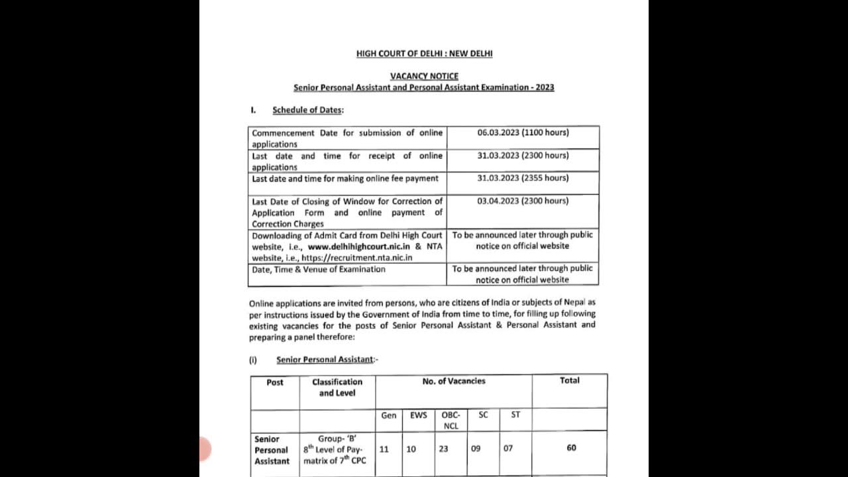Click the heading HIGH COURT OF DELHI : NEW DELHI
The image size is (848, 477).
(424, 54)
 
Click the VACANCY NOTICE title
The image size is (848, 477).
(424, 76)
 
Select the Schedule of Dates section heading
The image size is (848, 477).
(307, 110)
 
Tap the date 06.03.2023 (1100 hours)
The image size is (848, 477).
(523, 132)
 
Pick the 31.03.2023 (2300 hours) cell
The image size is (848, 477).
(523, 156)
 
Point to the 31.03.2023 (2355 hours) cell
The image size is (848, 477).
(523, 178)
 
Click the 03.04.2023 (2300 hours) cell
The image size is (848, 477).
(523, 201)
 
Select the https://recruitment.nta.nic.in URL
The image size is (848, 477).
(356, 258)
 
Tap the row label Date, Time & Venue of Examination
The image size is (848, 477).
(318, 269)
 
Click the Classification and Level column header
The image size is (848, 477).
(337, 388)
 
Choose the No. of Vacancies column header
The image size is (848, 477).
(454, 381)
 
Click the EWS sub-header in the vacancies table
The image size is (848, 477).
(419, 415)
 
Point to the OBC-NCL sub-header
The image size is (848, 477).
(450, 421)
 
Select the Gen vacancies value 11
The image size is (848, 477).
(384, 449)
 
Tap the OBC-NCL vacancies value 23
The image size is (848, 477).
(443, 449)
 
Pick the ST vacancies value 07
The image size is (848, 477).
(508, 449)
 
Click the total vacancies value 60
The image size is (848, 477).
(571, 448)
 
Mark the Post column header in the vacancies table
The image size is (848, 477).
(275, 382)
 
